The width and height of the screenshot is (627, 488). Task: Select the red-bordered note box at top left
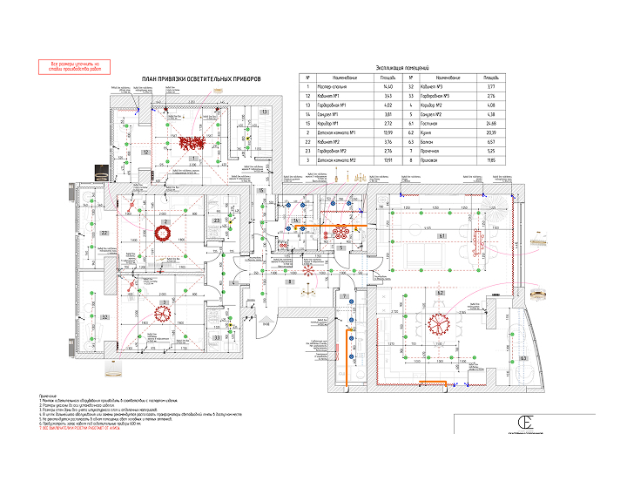[x=75, y=66]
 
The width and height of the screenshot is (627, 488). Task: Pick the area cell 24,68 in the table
[x=490, y=123]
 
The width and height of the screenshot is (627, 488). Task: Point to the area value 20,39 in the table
[x=490, y=132]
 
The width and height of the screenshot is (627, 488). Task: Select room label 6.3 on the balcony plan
[x=522, y=357]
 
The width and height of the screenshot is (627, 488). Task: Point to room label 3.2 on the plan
[x=104, y=317]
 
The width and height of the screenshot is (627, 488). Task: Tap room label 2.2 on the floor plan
[x=104, y=234]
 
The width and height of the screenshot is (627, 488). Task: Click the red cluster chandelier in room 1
[x=193, y=143]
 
